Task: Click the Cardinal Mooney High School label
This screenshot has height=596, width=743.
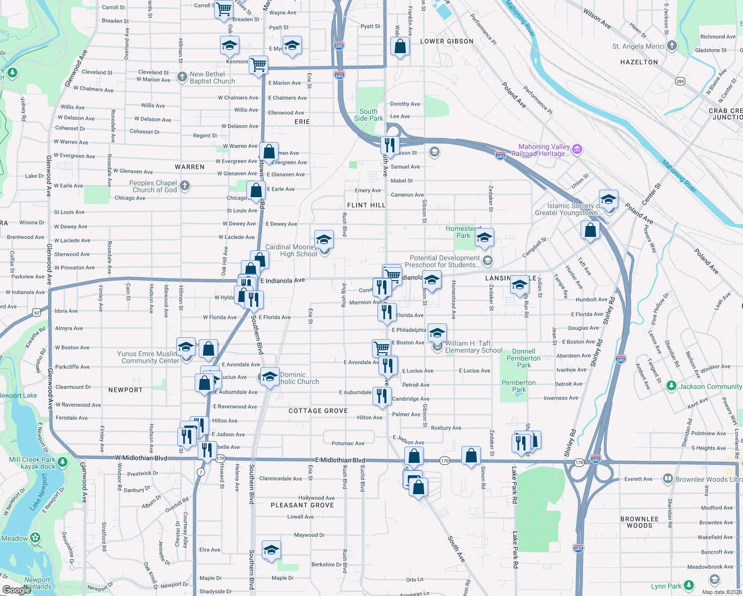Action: pos(291,250)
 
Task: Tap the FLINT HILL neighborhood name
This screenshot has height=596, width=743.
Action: pos(366,205)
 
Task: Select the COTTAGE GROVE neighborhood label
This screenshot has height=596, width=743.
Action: pos(318,411)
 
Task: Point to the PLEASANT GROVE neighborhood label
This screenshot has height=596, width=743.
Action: pos(302,505)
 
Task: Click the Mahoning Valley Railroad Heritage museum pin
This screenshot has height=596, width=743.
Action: pos(577,149)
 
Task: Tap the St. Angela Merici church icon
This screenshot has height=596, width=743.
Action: pos(672,46)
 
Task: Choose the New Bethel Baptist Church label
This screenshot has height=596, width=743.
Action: pos(212,77)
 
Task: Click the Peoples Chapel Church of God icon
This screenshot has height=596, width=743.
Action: pos(185,186)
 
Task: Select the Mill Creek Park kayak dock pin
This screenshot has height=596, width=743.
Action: pos(63,462)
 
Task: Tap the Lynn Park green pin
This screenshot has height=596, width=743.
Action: pos(688,586)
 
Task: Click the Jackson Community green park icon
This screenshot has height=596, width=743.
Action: pos(671,386)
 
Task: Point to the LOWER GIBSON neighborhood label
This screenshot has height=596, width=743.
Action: pos(447,41)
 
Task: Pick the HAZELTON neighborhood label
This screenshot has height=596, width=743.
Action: pos(639,62)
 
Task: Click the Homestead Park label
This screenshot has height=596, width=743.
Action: pos(463,232)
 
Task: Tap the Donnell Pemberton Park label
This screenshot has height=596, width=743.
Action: pos(523,358)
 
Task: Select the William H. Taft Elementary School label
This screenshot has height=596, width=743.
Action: pos(473,347)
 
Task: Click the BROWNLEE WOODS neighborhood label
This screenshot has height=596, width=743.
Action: pos(639,522)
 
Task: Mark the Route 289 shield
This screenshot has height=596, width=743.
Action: pos(680,81)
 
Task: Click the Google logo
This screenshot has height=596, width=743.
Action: pos(16,590)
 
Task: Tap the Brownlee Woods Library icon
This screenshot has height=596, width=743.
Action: pos(668,479)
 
